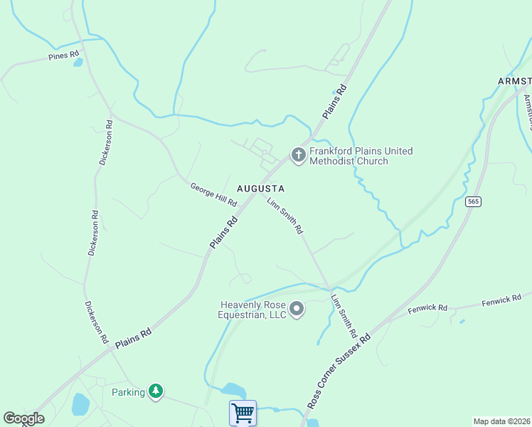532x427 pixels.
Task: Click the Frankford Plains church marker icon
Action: (298, 155)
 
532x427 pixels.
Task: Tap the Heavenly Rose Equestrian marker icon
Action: (297, 310)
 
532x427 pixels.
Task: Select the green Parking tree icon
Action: (156, 391)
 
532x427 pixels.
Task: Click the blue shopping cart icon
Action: (243, 413)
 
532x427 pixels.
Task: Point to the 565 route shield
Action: (474, 202)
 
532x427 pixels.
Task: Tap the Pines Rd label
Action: (63, 56)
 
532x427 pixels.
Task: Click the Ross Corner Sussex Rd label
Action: (339, 370)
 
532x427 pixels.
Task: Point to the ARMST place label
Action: (514, 81)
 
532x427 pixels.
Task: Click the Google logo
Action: (24, 418)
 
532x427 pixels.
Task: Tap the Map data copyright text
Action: (502, 421)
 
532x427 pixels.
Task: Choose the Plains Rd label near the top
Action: (334, 102)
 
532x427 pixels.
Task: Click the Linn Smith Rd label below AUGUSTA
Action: (285, 216)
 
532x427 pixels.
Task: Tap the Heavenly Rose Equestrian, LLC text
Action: (252, 310)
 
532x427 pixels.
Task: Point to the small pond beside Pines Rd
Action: (78, 63)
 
